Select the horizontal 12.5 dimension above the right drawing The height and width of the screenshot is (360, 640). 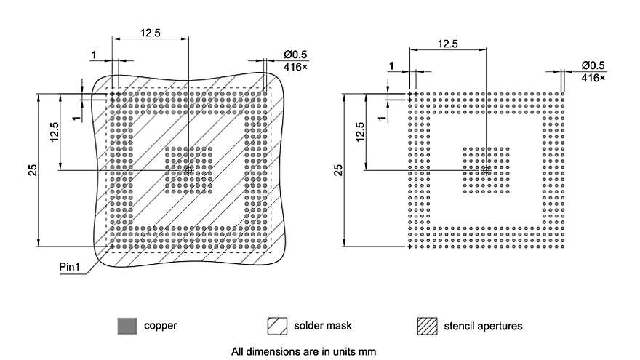click(447, 44)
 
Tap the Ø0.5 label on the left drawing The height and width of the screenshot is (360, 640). click(297, 55)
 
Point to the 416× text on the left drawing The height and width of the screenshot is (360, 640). click(297, 66)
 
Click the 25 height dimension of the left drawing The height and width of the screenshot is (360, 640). click(33, 169)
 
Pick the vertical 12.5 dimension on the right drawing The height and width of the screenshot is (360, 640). click(361, 132)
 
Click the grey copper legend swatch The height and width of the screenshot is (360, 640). click(127, 327)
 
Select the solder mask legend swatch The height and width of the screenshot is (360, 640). click(279, 327)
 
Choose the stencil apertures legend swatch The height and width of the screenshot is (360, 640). click(428, 327)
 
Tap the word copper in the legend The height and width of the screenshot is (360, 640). click(160, 326)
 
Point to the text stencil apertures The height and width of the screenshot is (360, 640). click(483, 326)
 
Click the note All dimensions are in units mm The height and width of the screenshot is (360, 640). click(304, 351)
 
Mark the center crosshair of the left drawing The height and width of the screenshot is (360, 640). click(188, 169)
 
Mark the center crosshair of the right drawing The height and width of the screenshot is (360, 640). click(486, 169)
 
